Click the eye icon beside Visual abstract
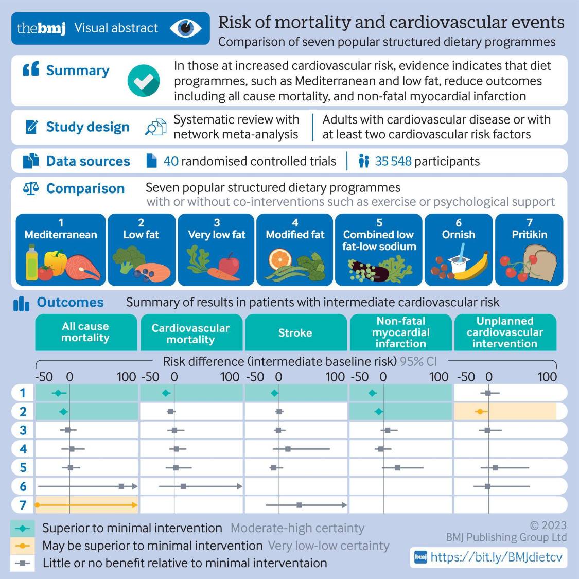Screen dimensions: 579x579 (x=185, y=28)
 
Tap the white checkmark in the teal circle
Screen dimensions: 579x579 (x=144, y=81)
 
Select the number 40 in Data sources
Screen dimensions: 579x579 (x=171, y=161)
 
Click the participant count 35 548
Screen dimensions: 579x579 (x=393, y=161)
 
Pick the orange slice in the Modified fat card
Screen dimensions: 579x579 (x=280, y=260)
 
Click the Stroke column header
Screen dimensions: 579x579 (x=295, y=332)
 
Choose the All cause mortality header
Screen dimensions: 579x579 (x=85, y=332)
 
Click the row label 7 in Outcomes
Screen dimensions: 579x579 (x=23, y=505)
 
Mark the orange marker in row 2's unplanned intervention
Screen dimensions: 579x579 (x=480, y=411)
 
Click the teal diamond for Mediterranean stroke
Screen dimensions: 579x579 (x=274, y=393)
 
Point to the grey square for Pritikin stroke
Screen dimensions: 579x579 (x=299, y=505)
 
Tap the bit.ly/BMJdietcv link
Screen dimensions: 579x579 (x=496, y=556)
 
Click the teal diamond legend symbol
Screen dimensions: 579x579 (x=23, y=528)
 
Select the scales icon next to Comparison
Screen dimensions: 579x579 (x=31, y=188)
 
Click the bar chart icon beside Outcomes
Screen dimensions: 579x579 (x=21, y=304)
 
